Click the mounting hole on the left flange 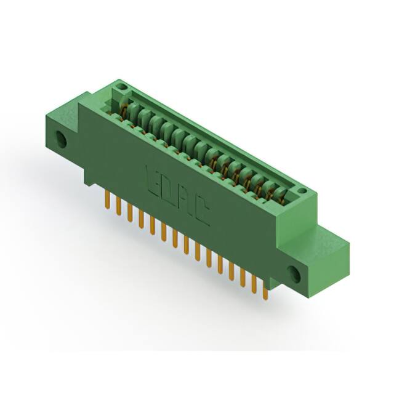point(62,139)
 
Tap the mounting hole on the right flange point(295,272)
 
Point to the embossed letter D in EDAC point(169,191)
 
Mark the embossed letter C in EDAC point(201,215)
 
